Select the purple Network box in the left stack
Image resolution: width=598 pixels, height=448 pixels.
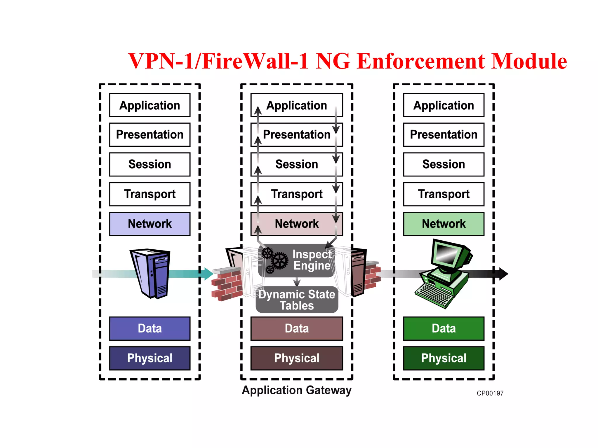click(149, 224)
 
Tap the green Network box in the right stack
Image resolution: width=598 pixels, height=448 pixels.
click(443, 224)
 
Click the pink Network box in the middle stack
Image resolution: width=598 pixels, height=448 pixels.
click(296, 224)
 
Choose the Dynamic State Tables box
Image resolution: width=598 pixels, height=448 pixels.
click(297, 300)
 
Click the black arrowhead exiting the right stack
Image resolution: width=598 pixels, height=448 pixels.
click(503, 274)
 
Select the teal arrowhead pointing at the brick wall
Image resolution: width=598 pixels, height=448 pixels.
click(208, 274)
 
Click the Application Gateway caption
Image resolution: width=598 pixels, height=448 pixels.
click(296, 390)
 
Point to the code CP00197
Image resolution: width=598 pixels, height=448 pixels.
click(490, 393)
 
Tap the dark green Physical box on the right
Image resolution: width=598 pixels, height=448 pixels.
click(443, 358)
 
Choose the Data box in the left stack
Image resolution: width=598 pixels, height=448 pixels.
click(149, 328)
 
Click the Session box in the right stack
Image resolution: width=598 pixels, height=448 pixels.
click(443, 164)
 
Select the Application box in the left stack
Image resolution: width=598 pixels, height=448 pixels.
click(149, 105)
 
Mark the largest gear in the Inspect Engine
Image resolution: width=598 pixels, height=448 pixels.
click(280, 260)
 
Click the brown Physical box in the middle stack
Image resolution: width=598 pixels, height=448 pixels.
click(296, 358)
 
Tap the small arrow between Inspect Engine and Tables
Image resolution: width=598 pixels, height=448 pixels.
click(297, 282)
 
